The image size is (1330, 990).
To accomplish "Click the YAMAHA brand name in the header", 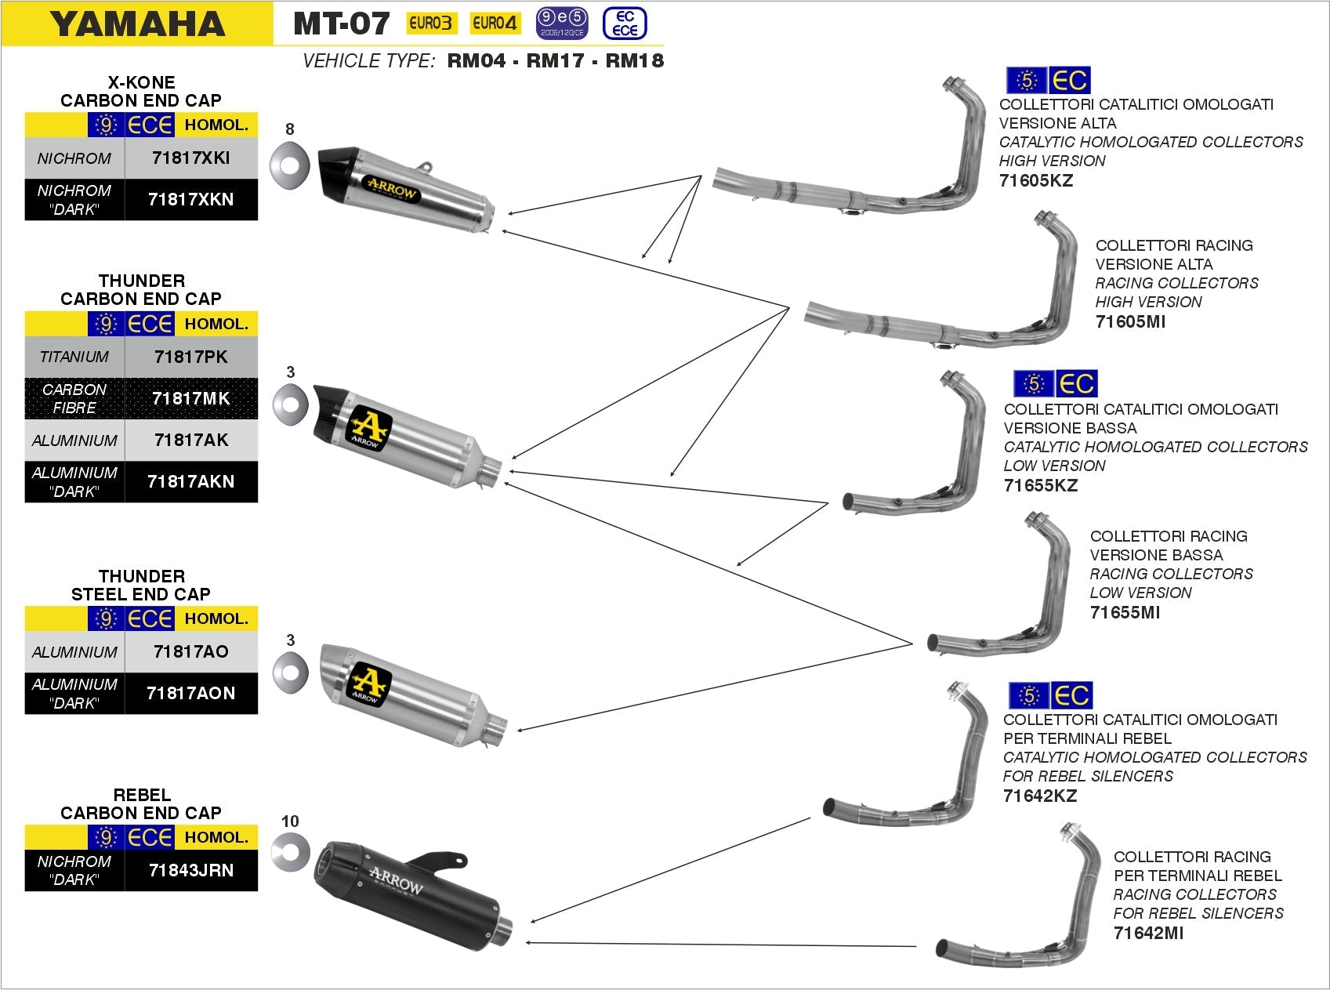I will (x=138, y=24).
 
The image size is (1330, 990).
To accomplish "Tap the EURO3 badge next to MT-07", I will (x=430, y=24).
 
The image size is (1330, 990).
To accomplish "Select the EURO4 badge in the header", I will (x=495, y=24).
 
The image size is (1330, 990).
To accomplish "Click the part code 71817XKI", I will (x=190, y=158).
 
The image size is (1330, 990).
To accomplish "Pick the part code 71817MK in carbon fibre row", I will (x=190, y=398).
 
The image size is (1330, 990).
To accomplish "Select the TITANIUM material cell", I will (x=74, y=357).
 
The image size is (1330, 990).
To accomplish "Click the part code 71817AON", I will (x=190, y=693).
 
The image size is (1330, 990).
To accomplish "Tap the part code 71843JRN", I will (x=190, y=870).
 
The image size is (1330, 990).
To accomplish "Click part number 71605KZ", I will (x=1035, y=180).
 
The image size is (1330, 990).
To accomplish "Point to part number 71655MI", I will (x=1124, y=612).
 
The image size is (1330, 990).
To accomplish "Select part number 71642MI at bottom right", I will (x=1148, y=933).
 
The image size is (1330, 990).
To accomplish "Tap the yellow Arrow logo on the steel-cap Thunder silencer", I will (x=368, y=683).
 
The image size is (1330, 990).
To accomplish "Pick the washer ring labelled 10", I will (x=291, y=852).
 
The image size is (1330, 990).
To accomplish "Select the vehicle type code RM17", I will (x=555, y=61).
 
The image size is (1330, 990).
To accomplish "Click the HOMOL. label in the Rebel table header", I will (x=216, y=837).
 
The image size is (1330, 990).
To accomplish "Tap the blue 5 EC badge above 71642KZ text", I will (x=1049, y=695).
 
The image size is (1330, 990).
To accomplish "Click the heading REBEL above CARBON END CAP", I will (x=141, y=795).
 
